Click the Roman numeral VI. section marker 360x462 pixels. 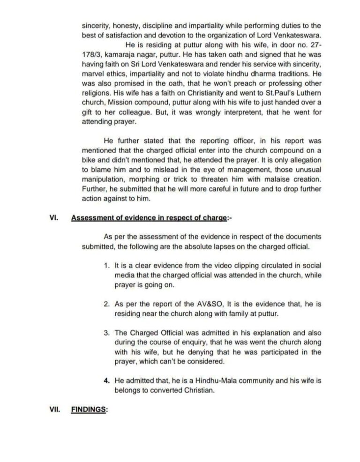coord(53,217)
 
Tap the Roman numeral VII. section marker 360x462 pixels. coord(54,409)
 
